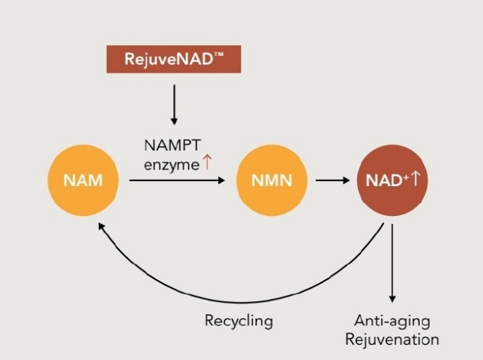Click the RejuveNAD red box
pyautogui.click(x=174, y=59)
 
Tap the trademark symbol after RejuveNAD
pyautogui.click(x=218, y=55)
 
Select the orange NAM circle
pyautogui.click(x=83, y=180)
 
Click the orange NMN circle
pyautogui.click(x=272, y=180)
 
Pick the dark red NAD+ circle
pyautogui.click(x=393, y=180)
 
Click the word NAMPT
pyautogui.click(x=172, y=145)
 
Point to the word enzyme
pyautogui.click(x=172, y=165)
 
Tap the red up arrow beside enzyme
pyautogui.click(x=207, y=162)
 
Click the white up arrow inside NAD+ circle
pyautogui.click(x=415, y=178)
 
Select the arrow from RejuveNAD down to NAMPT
pyautogui.click(x=174, y=105)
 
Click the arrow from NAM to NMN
pyautogui.click(x=177, y=180)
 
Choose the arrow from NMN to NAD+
pyautogui.click(x=332, y=180)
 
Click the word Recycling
pyautogui.click(x=239, y=321)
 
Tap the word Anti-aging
pyautogui.click(x=392, y=321)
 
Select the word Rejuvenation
pyautogui.click(x=392, y=340)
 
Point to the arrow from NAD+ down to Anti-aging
pyautogui.click(x=392, y=263)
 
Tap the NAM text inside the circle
pyautogui.click(x=83, y=180)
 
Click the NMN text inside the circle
pyautogui.click(x=272, y=180)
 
